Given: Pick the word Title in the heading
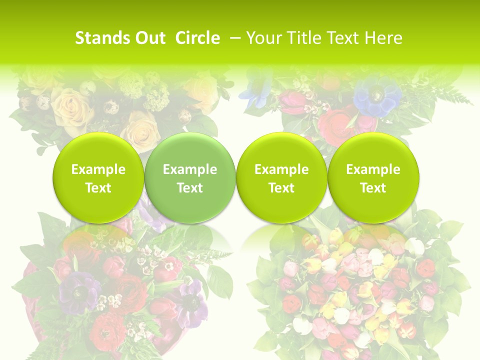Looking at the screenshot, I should point(302,38).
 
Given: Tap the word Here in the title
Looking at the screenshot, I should point(383,38).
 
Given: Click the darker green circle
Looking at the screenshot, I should point(190,178).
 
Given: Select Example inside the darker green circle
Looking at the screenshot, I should point(190,169).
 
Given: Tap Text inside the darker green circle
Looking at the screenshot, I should point(190,188).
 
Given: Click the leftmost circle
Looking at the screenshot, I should point(98,178).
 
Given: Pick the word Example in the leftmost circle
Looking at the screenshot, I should point(98,169).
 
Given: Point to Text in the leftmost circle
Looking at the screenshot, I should point(98,188).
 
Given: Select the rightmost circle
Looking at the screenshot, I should point(373,178).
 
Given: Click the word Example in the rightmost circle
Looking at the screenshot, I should point(373,169).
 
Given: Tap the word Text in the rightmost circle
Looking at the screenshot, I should point(373,188).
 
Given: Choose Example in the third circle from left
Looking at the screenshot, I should point(281,169).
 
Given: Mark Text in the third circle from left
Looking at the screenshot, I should point(281,188).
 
